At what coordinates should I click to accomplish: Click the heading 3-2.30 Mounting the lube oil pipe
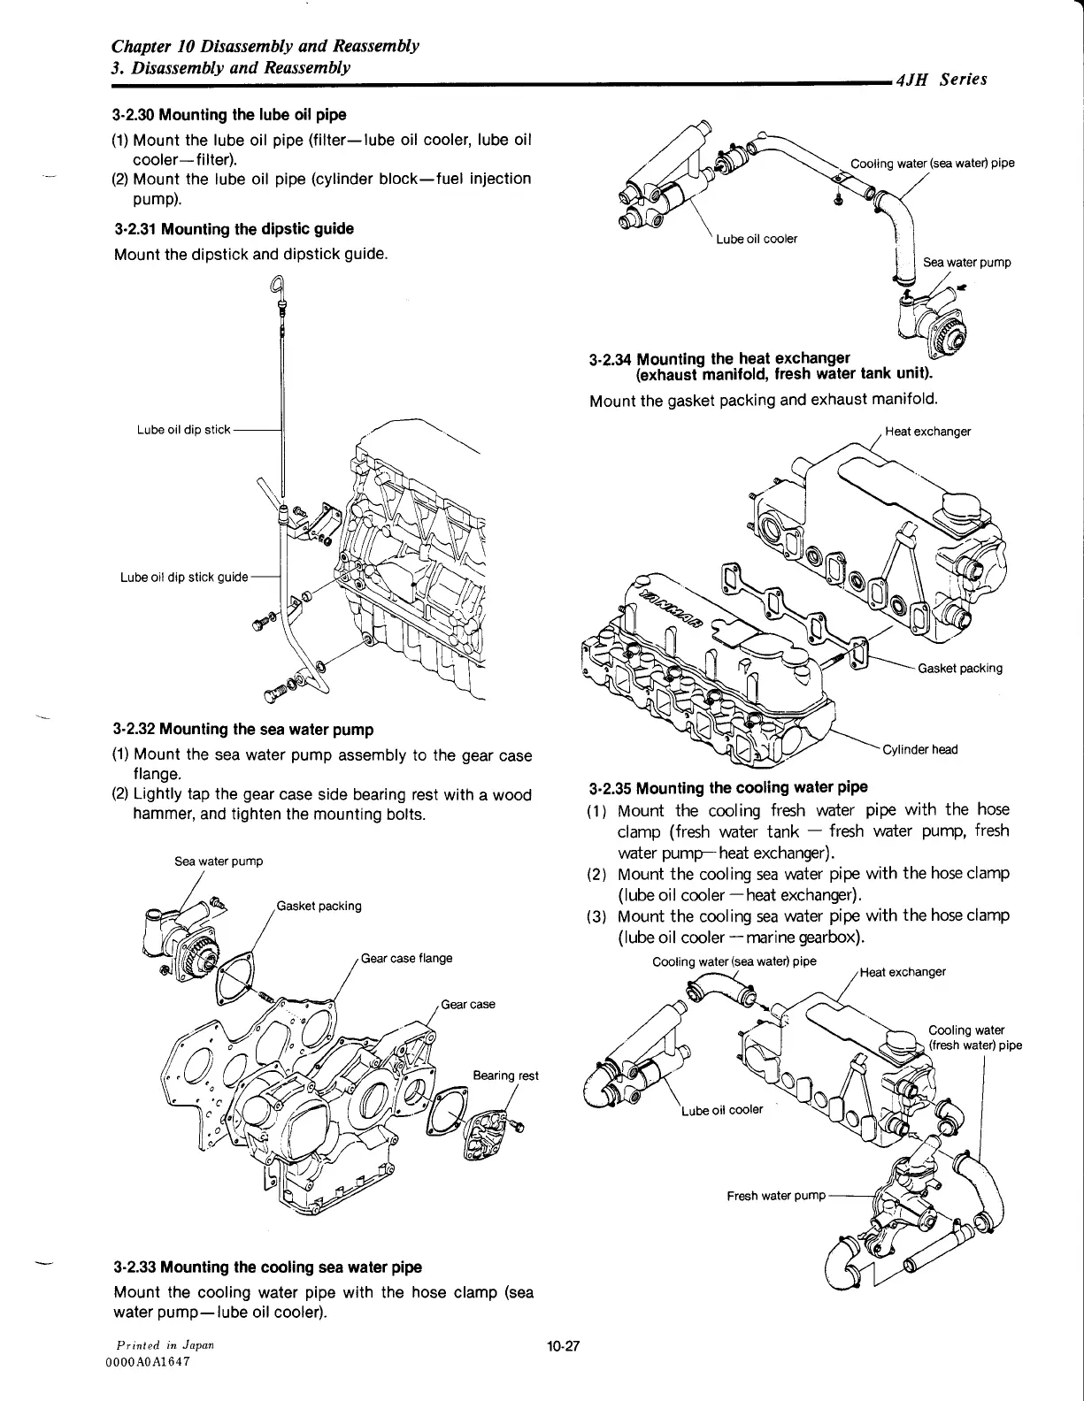click(x=229, y=115)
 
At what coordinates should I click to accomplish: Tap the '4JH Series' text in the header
click(x=941, y=80)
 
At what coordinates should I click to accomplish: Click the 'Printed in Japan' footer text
click(x=159, y=1344)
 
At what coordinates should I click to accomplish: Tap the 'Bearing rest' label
click(x=505, y=1076)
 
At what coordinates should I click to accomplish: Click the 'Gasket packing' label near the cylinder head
click(x=960, y=668)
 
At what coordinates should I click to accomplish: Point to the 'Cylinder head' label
click(x=920, y=750)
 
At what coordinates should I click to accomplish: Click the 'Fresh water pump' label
click(x=775, y=1196)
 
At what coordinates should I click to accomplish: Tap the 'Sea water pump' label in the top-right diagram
click(x=966, y=262)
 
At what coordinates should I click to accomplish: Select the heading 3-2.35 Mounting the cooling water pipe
click(x=728, y=787)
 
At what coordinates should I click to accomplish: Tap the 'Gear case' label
click(x=467, y=1005)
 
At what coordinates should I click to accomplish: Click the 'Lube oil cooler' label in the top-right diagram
click(x=757, y=239)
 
